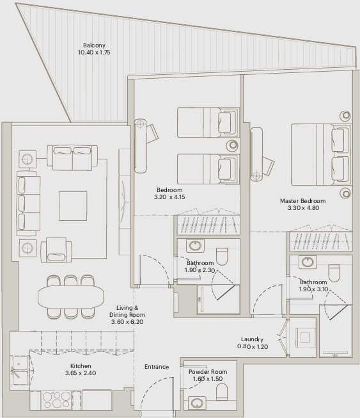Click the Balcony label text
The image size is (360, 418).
pos(94,45)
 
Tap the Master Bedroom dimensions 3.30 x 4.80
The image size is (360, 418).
pos(303,208)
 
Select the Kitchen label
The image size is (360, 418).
pos(81,366)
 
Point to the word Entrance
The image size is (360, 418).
pos(157,367)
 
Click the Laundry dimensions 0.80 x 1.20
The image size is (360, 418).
pos(253,346)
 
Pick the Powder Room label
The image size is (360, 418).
pos(208,372)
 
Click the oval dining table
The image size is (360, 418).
pos(71,297)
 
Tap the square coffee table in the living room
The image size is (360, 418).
pos(73,206)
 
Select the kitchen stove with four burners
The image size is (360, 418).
pos(56,401)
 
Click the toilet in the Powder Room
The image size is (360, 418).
pos(222,392)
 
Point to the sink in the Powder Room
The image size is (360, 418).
pos(197,403)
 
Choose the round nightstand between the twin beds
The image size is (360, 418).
pos(232,145)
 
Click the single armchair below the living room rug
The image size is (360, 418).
pos(56,250)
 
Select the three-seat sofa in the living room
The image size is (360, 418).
pos(29,204)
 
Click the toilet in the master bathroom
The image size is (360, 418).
pos(334,273)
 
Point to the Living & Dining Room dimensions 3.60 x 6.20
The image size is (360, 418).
pos(127,322)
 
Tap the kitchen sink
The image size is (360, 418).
pos(20,371)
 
